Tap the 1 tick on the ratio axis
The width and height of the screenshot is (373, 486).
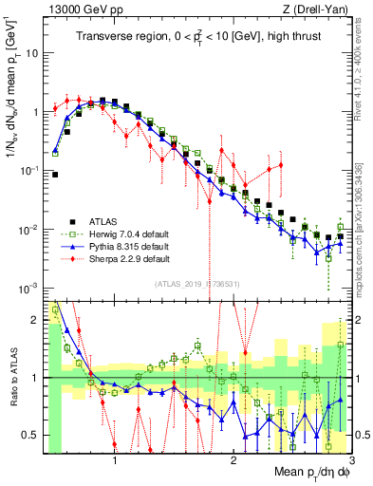[x=35, y=378]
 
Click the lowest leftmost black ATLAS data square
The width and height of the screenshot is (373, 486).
[x=55, y=175]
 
